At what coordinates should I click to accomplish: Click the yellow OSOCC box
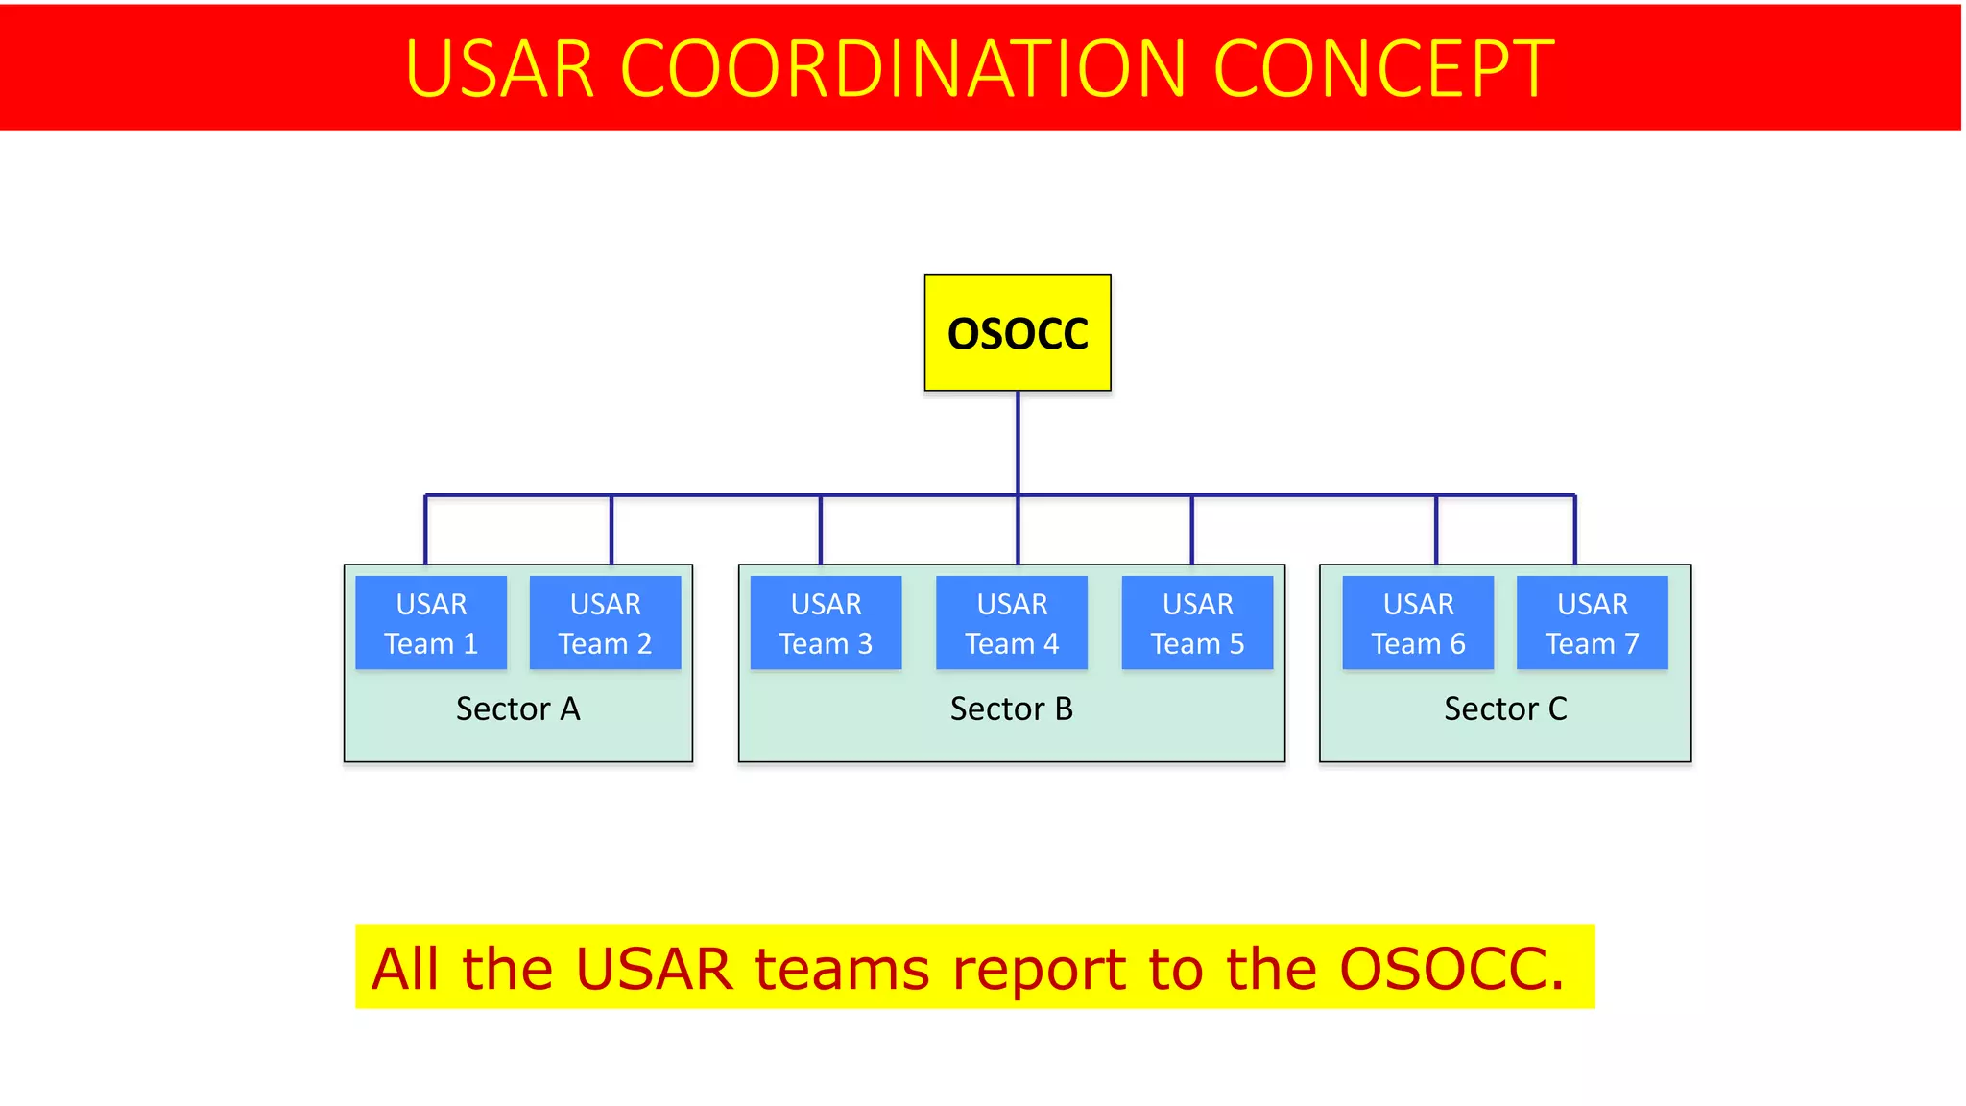point(1018,332)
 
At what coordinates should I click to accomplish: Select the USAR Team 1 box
point(431,622)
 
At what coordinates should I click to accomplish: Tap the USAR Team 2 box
point(605,622)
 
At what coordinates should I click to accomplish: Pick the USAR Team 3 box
point(826,622)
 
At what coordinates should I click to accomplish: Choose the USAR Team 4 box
point(1012,622)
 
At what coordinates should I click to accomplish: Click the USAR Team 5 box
point(1197,622)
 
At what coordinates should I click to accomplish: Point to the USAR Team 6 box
point(1418,622)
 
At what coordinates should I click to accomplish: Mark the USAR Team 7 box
point(1592,622)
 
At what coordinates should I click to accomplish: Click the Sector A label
point(517,709)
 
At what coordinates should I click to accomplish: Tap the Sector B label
point(1011,709)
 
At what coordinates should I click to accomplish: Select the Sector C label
point(1504,709)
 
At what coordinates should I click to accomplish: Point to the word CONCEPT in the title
point(1383,69)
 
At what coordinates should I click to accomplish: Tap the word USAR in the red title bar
point(499,69)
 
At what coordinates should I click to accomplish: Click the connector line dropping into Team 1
point(425,530)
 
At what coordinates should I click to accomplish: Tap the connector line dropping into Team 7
point(1575,530)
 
